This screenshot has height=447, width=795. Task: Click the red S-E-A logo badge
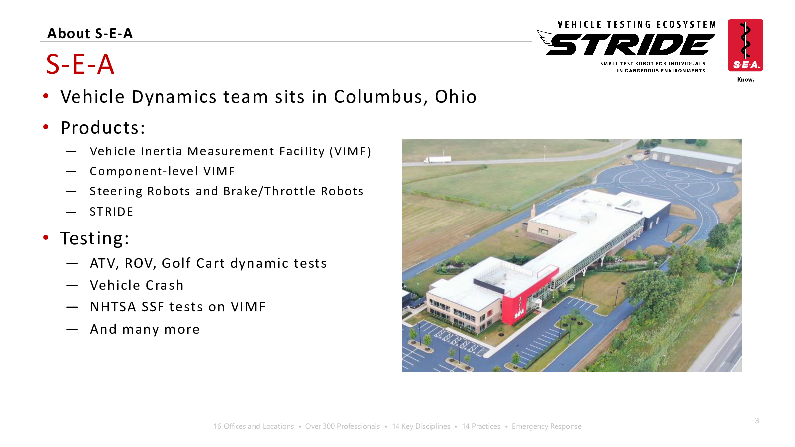(745, 45)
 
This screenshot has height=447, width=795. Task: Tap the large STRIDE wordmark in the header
(630, 45)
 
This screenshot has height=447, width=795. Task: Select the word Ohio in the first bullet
(455, 97)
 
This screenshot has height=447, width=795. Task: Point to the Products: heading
(103, 127)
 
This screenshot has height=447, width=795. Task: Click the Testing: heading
(94, 238)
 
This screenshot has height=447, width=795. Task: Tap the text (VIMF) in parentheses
(350, 151)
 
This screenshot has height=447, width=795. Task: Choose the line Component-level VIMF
(162, 171)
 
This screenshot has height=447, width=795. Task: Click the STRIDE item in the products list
(111, 212)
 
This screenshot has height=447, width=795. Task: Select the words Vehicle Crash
(137, 285)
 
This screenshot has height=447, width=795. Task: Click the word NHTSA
(113, 307)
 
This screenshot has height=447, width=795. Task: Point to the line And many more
(145, 329)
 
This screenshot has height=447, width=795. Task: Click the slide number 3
(757, 421)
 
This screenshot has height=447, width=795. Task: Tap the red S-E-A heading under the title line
(80, 64)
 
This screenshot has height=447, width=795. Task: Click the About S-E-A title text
(90, 33)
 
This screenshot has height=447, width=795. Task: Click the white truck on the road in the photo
(437, 160)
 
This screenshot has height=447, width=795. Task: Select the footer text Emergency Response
(547, 426)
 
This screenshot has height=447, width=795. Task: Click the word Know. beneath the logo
(746, 80)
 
